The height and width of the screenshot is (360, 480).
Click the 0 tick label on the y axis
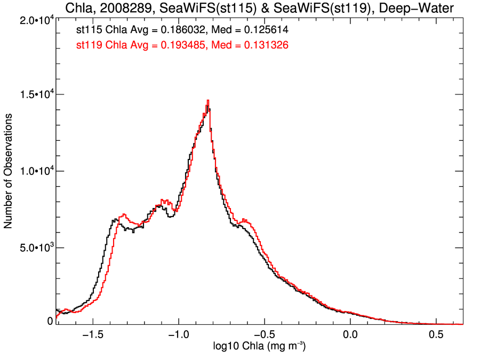point(50,321)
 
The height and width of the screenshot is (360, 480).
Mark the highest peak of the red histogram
point(207,100)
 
